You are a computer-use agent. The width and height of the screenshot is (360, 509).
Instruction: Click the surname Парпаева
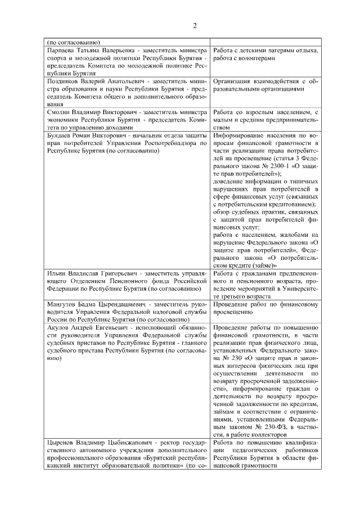61,51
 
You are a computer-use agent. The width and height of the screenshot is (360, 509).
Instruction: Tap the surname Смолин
57,112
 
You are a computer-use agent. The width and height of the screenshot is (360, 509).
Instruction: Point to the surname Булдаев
60,136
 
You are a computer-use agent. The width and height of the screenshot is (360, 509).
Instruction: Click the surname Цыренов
61,442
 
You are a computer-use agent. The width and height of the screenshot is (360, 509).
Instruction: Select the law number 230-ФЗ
285,426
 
